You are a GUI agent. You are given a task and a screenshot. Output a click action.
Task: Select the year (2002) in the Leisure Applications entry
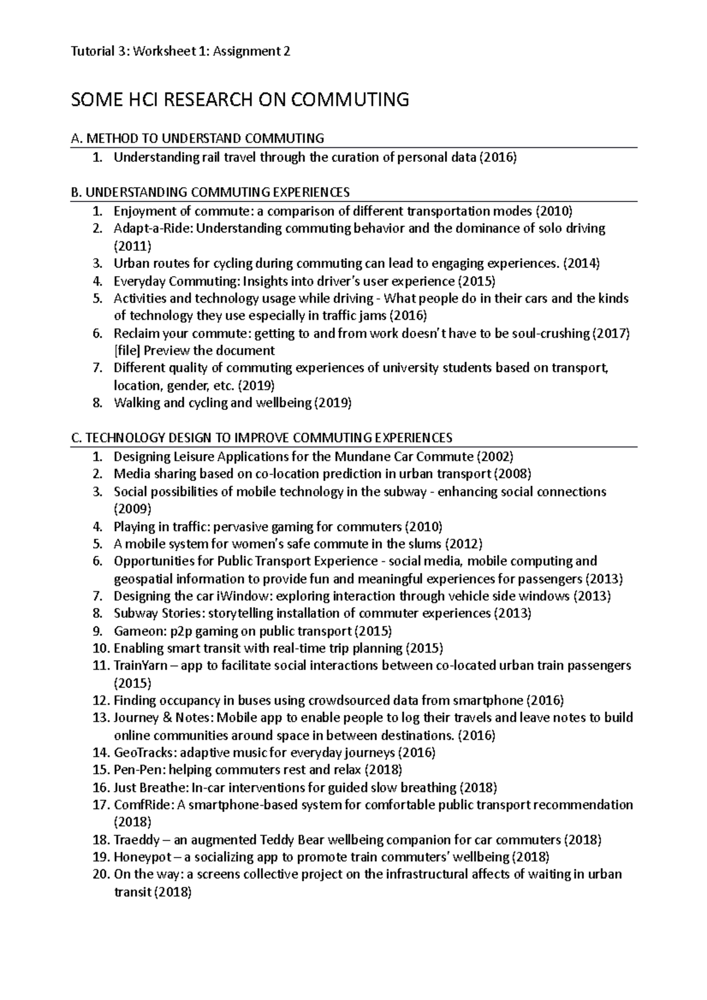[494, 456]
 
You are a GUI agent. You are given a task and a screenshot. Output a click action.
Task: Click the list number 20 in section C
[101, 874]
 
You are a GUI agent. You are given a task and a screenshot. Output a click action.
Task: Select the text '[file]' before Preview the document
[127, 351]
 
